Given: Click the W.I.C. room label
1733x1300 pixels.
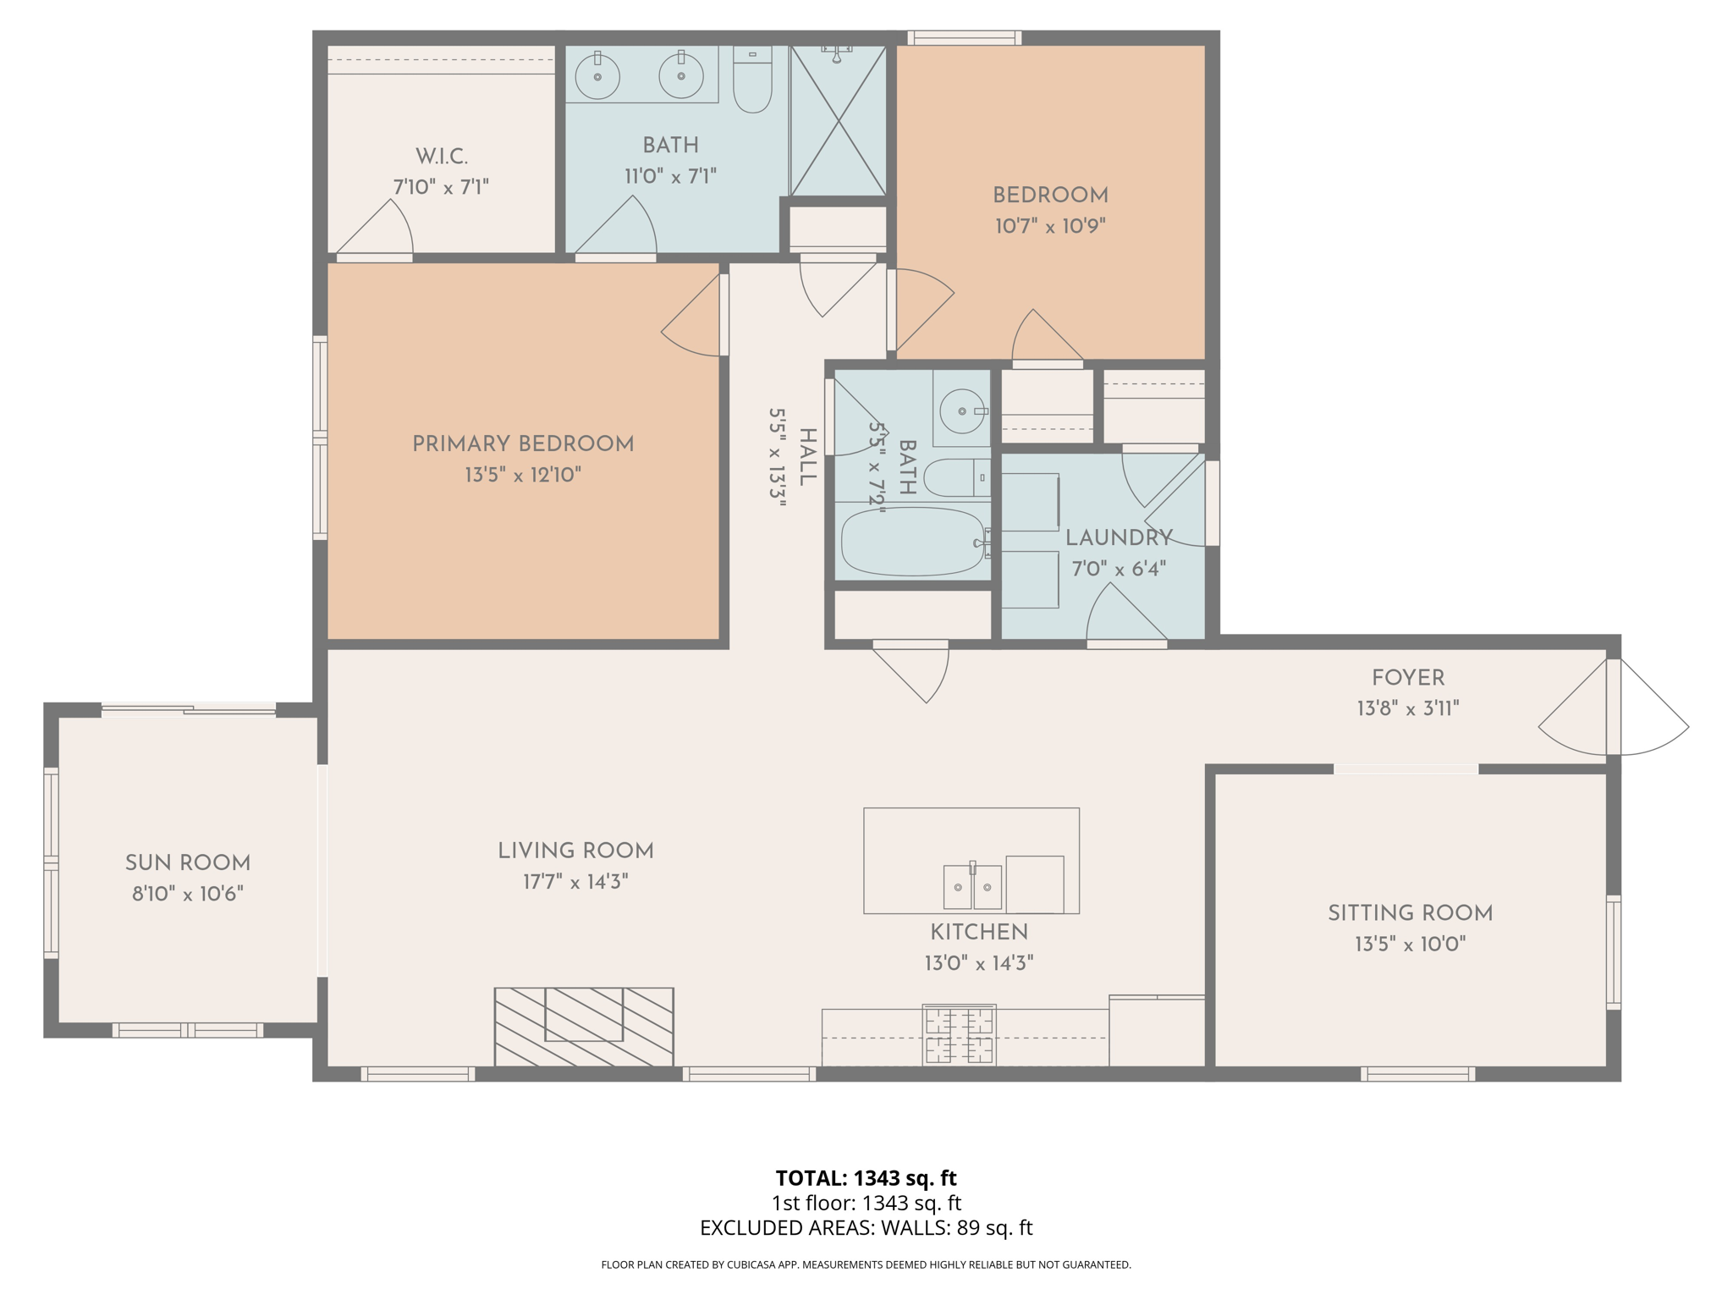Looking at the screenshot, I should (441, 157).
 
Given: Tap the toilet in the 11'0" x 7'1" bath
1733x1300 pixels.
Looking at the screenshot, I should (751, 85).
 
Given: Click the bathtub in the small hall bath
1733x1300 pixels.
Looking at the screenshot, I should (912, 542).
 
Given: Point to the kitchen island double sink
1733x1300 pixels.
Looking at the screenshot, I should (972, 887).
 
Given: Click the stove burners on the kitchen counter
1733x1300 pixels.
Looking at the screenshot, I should (959, 1035).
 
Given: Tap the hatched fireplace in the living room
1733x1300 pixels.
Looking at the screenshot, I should (584, 1026).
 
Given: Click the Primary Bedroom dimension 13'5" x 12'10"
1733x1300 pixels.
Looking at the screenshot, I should (522, 475).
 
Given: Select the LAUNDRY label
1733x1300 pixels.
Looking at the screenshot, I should (1118, 537).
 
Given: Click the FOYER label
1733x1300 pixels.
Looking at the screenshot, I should (1407, 678).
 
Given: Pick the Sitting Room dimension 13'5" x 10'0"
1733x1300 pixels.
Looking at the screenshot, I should (1409, 944).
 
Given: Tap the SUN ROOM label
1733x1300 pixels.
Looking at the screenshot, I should (187, 863).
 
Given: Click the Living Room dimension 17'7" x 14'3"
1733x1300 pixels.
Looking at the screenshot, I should (575, 882).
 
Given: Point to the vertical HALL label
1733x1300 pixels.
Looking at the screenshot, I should (807, 457).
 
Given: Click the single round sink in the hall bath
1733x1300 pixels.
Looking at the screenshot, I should (963, 410).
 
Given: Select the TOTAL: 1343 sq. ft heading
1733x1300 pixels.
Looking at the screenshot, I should (866, 1178).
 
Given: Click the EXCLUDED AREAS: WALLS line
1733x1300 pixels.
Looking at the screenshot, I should (866, 1228).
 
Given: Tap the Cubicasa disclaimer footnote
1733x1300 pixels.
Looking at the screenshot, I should (866, 1264).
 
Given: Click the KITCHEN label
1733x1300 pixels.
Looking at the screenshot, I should (978, 932).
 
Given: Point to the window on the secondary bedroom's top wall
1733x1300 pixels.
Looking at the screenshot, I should (964, 37).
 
